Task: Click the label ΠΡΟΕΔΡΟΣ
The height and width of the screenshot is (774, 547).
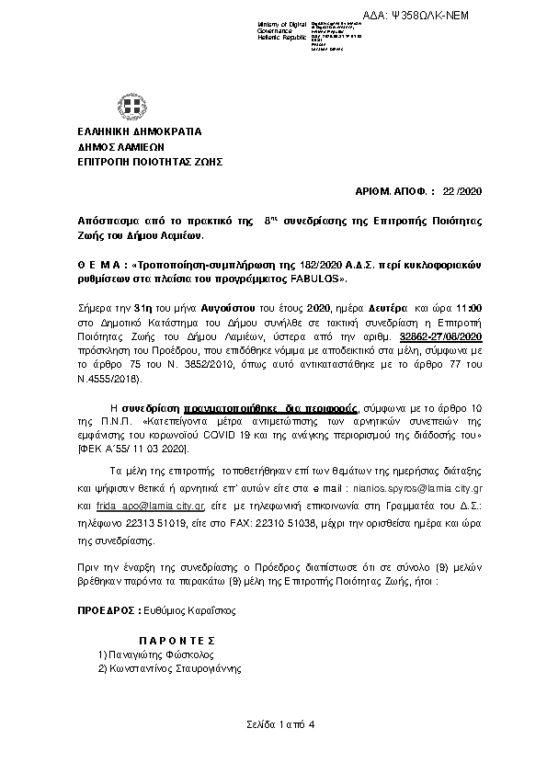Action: coord(107,610)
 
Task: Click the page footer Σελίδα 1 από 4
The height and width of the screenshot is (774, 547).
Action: coord(280,726)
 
